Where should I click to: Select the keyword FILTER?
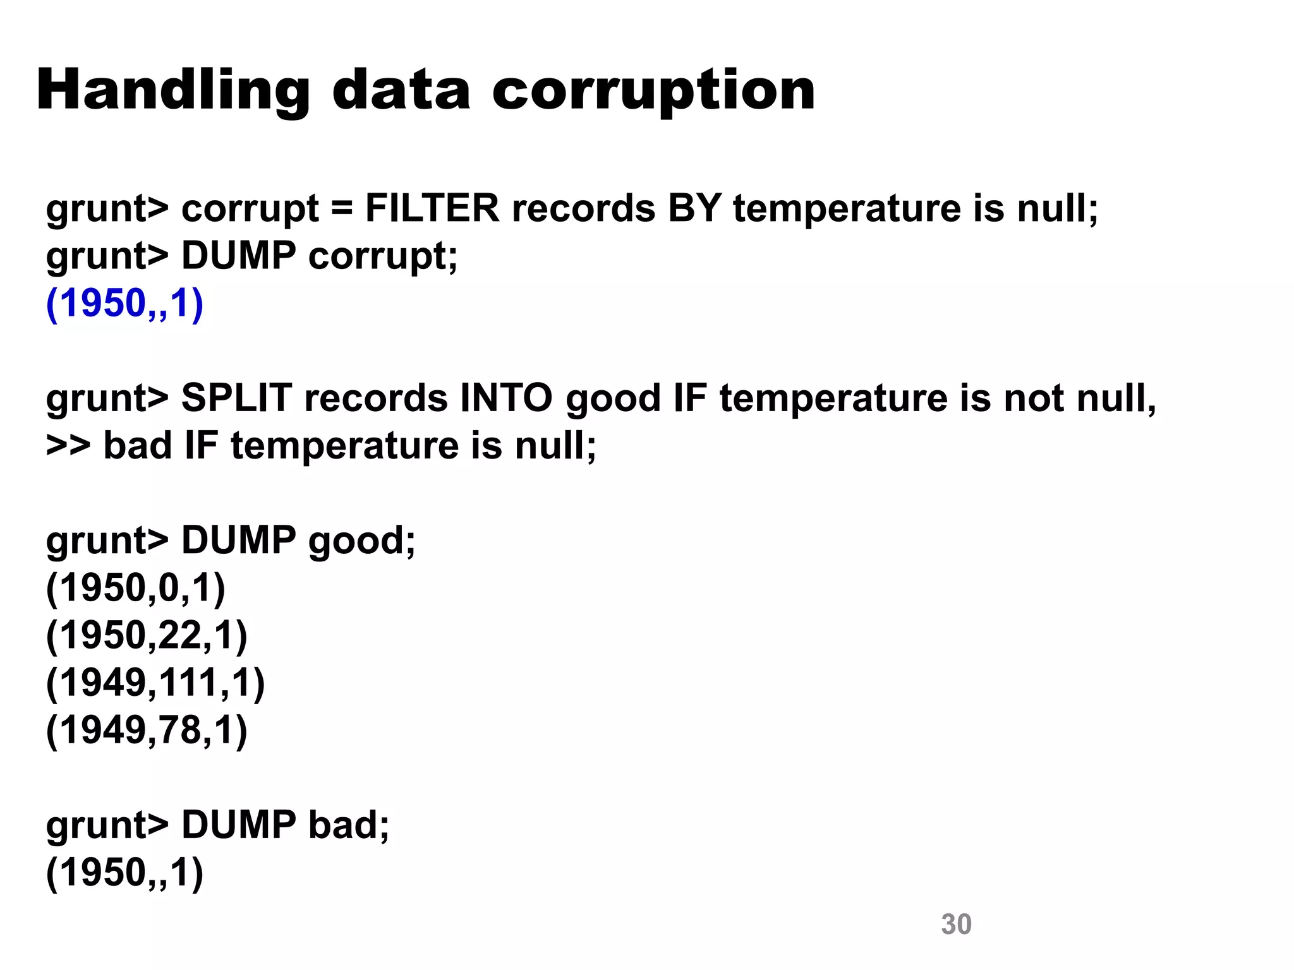coord(432,208)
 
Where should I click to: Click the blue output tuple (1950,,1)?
coord(124,304)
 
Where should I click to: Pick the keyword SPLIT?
coord(236,398)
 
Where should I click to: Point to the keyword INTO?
coord(506,398)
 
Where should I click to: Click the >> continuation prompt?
coord(68,446)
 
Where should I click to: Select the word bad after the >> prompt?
coord(137,446)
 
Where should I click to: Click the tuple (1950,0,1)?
coord(135,589)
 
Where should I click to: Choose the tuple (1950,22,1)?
coord(147,636)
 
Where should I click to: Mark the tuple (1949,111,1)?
coord(155,683)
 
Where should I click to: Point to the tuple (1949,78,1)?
coord(147,731)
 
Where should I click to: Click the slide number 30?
coord(956,925)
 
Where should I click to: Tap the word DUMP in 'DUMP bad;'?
coord(238,825)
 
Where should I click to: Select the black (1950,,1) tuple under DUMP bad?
coord(124,873)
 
